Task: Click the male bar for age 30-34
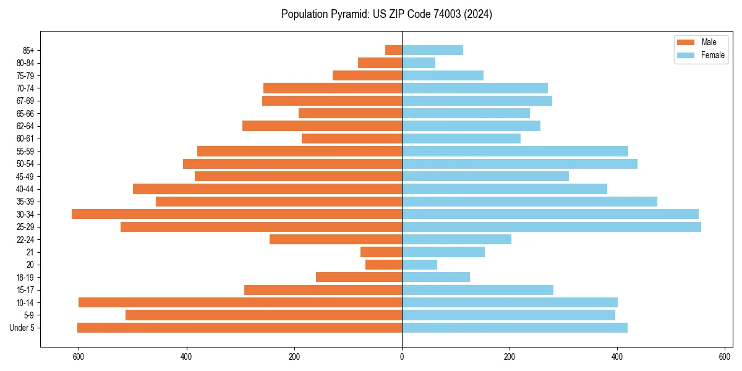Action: point(237,214)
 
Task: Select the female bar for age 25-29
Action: point(552,227)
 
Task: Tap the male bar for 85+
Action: point(394,50)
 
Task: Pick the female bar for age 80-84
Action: point(419,62)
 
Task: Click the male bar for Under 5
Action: point(239,328)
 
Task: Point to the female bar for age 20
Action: point(419,265)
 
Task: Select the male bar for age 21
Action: point(381,252)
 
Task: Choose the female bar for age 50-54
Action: point(519,164)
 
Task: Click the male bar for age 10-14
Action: point(240,302)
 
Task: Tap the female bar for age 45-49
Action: point(485,176)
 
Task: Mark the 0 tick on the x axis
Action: point(402,357)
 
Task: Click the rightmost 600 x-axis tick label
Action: point(725,357)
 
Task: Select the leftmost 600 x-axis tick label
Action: point(79,357)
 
